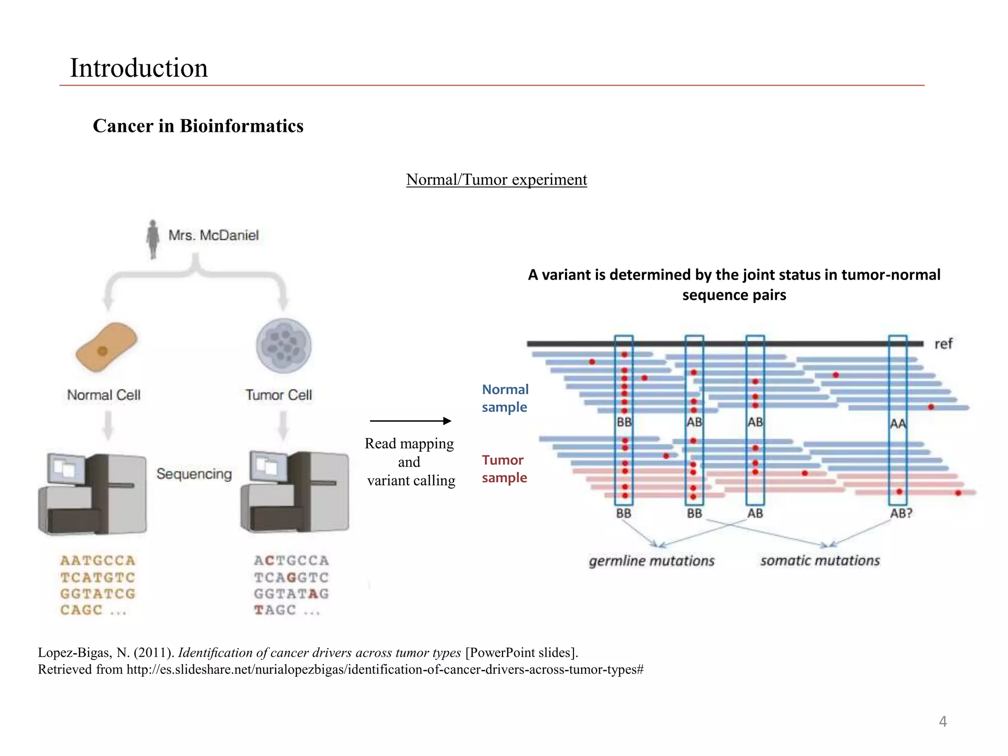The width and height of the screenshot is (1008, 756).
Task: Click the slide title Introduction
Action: click(138, 68)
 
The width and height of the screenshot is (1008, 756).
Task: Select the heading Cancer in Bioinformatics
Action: click(198, 126)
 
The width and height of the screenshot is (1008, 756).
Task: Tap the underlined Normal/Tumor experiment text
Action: click(496, 180)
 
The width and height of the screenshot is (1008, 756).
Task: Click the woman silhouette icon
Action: click(153, 239)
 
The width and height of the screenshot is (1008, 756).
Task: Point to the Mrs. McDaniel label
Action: click(213, 235)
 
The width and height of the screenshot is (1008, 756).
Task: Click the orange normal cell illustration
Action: click(106, 346)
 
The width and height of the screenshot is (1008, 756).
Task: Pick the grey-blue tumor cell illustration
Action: click(283, 346)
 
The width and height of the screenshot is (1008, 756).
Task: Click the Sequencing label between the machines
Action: click(194, 474)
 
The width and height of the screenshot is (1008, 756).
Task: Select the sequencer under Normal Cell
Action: click(93, 494)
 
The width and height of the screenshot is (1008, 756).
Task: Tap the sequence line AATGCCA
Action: click(97, 561)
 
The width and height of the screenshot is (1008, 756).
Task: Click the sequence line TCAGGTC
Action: click(291, 577)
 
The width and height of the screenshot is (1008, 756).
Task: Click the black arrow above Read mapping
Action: click(410, 421)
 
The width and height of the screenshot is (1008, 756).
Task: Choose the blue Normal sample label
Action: click(504, 398)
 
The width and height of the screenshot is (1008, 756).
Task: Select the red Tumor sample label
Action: click(504, 469)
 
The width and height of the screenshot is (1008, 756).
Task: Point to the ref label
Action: click(943, 344)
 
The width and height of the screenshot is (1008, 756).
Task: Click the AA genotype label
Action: click(898, 424)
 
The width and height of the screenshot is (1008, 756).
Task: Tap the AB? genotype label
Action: click(901, 513)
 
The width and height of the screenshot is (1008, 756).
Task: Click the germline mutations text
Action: click(651, 561)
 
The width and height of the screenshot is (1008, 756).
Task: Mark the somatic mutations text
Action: click(819, 561)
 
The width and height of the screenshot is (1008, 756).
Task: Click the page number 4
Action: click(943, 722)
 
